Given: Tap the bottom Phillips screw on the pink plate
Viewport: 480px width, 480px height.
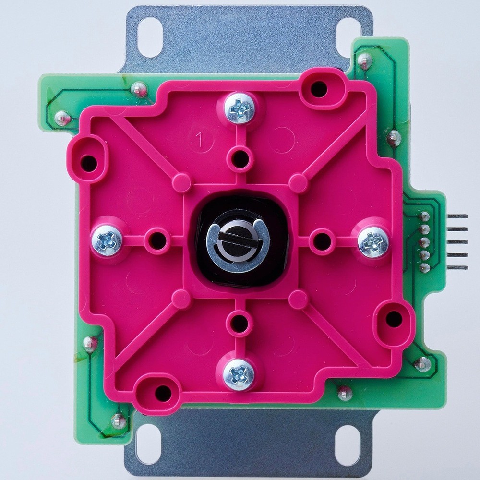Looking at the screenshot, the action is (x=239, y=375).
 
